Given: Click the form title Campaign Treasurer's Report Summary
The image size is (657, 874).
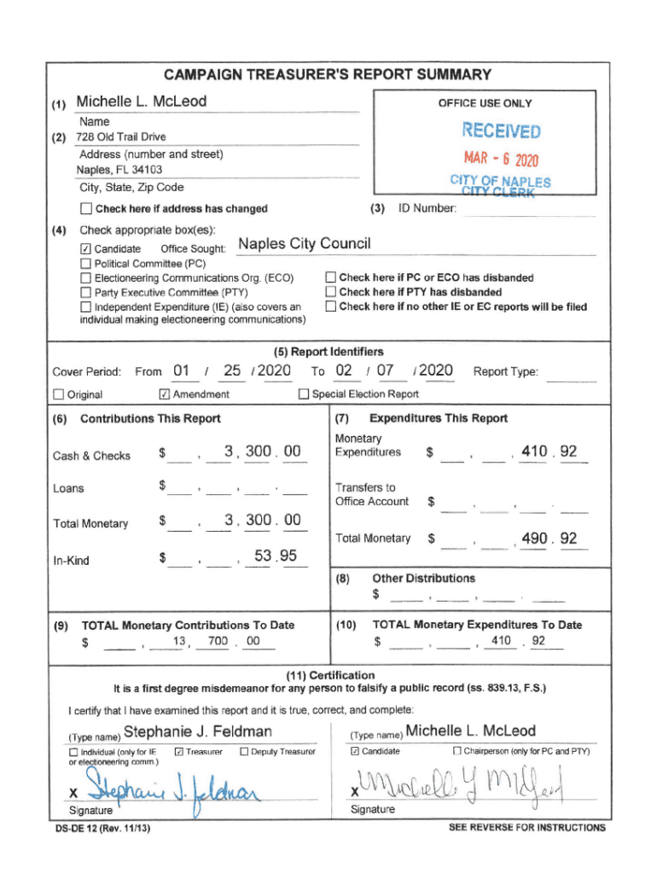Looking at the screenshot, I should click(x=328, y=74).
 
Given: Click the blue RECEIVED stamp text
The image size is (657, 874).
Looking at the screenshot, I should click(x=501, y=131).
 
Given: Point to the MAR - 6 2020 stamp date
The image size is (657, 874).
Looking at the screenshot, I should click(x=501, y=160).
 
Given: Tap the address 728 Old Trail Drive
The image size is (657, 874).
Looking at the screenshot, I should click(x=121, y=137).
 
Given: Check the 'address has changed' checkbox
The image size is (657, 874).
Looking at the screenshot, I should click(x=85, y=209).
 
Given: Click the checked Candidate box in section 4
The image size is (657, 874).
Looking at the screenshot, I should click(x=85, y=248).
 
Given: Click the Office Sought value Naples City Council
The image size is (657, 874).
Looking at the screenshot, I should click(x=305, y=245).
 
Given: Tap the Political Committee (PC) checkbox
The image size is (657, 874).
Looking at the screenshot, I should click(x=85, y=264).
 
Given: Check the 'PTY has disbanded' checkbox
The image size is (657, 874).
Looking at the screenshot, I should click(x=331, y=292).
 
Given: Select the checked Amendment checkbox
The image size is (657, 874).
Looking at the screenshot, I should click(x=165, y=394).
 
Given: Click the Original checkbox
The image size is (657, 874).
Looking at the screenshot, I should click(x=59, y=394).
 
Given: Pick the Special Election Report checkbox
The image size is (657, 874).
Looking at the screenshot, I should click(x=304, y=394).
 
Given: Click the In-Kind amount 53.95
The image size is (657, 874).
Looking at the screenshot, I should click(x=275, y=557).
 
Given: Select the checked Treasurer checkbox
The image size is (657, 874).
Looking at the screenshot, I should click(x=178, y=751).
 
